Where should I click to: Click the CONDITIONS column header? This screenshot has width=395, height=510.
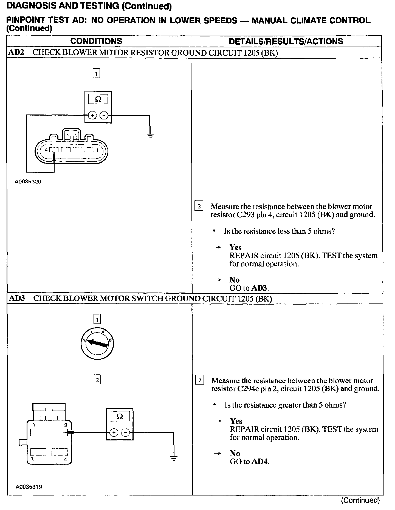96,41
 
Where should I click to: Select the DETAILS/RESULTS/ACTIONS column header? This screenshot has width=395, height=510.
286,41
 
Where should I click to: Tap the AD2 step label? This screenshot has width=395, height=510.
16,53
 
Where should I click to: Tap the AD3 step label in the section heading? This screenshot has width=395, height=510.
17,298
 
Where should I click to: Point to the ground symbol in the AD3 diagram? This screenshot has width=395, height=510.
174,458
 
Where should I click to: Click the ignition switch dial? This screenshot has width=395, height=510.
97,343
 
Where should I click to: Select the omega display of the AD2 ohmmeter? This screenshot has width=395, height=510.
98,99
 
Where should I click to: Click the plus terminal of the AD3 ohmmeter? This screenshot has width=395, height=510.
114,433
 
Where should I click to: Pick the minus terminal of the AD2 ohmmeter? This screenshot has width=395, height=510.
104,116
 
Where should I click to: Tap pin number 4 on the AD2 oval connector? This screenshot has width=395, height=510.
46,150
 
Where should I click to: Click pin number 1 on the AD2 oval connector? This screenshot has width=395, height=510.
97,150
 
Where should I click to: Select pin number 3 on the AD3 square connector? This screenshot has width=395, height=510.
32,460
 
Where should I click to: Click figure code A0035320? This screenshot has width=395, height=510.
28,182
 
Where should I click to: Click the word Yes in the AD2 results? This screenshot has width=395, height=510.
235,247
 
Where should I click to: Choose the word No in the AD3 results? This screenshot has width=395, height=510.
235,453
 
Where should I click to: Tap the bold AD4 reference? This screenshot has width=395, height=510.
259,462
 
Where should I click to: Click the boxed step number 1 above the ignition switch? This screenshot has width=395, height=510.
97,319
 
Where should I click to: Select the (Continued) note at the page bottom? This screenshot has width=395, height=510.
360,500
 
